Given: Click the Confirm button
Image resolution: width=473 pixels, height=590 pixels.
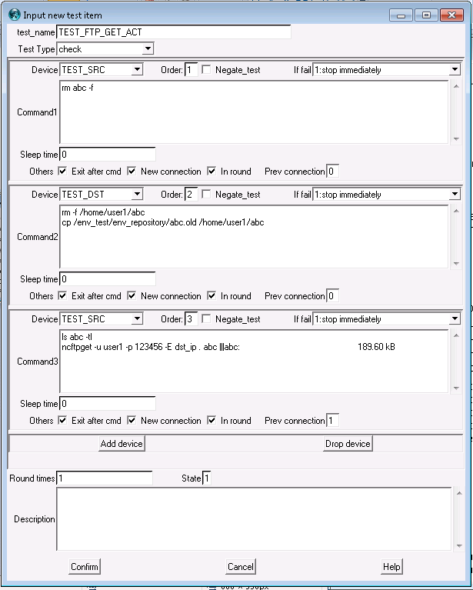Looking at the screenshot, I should click(x=85, y=567).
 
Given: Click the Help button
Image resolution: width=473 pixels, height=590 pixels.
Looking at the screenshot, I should click(x=391, y=567).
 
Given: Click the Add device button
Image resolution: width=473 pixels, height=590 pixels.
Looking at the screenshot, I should click(x=122, y=444).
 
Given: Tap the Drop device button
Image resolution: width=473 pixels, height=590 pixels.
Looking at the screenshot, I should click(x=348, y=444).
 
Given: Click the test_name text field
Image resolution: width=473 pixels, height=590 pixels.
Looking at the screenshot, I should click(x=174, y=32).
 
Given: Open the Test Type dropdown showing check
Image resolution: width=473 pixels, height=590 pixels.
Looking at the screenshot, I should click(x=105, y=48).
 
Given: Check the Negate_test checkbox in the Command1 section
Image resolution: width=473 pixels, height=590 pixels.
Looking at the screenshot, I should click(x=206, y=70).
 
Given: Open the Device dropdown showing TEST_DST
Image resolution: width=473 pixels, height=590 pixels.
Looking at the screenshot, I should click(x=101, y=195).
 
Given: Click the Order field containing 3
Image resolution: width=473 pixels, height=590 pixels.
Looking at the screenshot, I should click(x=191, y=319).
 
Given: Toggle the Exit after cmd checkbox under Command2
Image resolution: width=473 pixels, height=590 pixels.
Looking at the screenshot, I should click(x=62, y=296).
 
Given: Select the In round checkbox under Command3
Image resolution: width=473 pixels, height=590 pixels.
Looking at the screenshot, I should click(x=212, y=421).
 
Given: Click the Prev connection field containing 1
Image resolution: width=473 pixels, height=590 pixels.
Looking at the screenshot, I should click(x=332, y=421).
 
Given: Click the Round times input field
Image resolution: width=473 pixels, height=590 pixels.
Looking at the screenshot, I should click(x=105, y=478).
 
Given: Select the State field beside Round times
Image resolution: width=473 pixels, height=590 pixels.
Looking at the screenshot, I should click(x=207, y=478).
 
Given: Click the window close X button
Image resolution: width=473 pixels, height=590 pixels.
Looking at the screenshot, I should click(x=450, y=15).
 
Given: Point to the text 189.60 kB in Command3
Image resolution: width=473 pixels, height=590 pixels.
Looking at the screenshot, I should click(x=376, y=347).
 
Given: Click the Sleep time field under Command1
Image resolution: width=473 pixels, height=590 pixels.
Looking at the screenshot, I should click(x=108, y=155).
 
